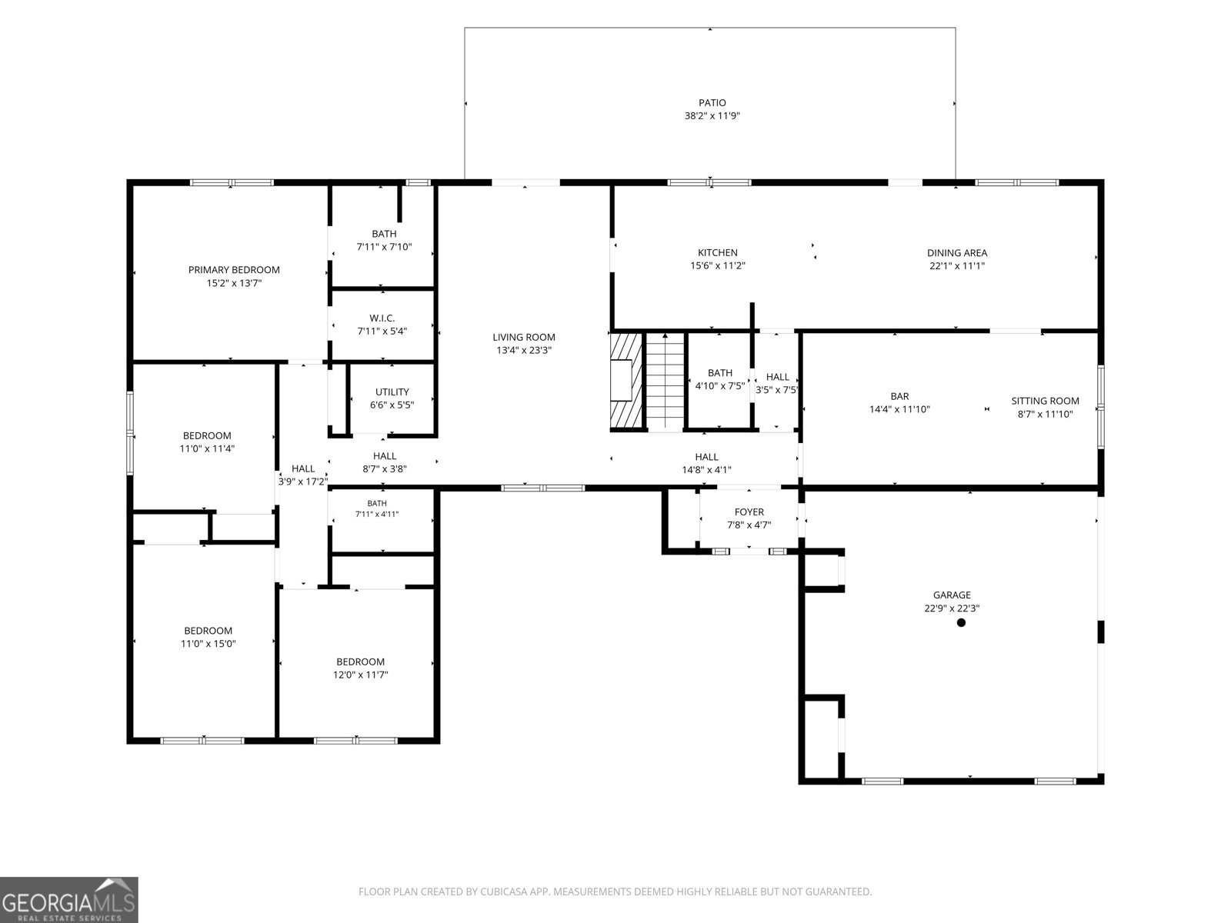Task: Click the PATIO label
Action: pos(712,102)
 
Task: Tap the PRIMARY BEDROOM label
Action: pos(234,269)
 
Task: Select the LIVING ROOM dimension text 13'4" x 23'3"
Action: pos(524,350)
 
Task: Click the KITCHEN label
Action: pos(717,253)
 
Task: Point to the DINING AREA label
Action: pos(957,253)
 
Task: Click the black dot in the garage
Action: pos(961,622)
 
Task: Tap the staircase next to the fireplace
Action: pos(665,381)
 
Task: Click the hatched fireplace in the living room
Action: pos(626,381)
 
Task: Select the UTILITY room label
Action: pos(392,392)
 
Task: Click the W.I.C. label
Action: pos(382,318)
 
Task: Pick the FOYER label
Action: pos(749,511)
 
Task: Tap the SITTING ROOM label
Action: pos(1045,401)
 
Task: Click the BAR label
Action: pos(899,396)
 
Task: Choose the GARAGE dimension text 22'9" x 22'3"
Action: pos(952,608)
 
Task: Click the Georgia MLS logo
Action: pos(69,900)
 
